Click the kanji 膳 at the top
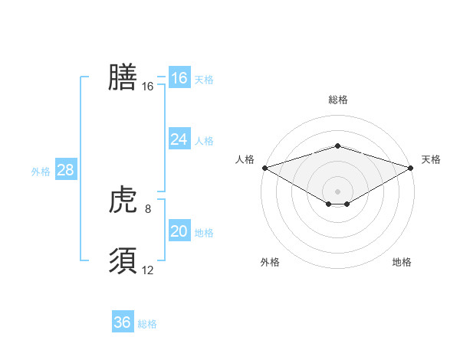coord(123,77)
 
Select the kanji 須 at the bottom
coord(123,260)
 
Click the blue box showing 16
coord(179,78)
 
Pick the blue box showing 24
coord(179,139)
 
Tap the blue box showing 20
coord(179,231)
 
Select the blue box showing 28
coord(65,170)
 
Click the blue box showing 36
coord(122,322)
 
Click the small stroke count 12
coord(148,270)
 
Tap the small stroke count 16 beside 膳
coord(148,87)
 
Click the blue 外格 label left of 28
coord(41,172)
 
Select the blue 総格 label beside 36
coord(147,324)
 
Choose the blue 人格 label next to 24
coord(204,141)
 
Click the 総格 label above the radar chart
coord(338,100)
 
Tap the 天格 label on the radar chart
coord(431,159)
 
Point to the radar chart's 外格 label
coord(270,262)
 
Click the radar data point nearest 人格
coord(264,167)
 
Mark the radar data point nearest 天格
coord(411,167)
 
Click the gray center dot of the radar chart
coord(337,191)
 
